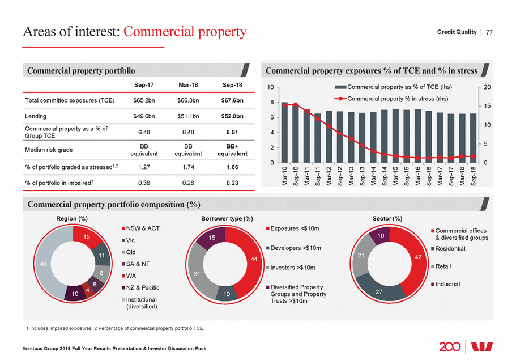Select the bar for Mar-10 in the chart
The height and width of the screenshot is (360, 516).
pos(284,133)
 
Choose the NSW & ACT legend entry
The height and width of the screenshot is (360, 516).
pos(141,228)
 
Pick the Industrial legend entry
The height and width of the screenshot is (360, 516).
pos(447,283)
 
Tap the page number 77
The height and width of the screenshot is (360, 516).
pos(490,32)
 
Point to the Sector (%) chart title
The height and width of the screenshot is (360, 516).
pos(387,218)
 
